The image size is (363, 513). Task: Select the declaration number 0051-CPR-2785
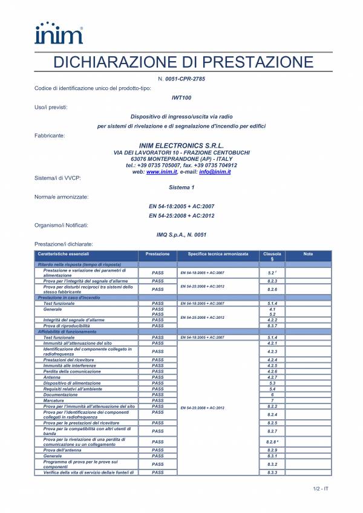[x=190, y=80]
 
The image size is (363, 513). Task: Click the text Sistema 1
[x=181, y=188]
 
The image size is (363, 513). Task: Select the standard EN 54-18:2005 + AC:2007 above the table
[x=181, y=206]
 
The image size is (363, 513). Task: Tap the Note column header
[x=308, y=254]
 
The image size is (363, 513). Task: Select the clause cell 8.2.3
[x=272, y=281]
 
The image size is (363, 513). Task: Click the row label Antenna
[x=52, y=377]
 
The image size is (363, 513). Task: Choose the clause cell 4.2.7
[x=272, y=377]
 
